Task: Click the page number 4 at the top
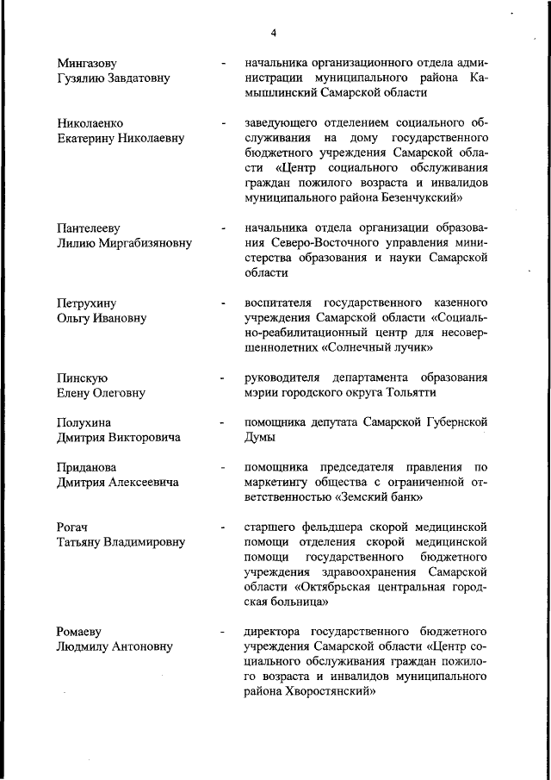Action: click(273, 33)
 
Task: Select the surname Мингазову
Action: click(87, 63)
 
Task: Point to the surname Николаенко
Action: click(90, 123)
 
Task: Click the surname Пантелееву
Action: click(88, 228)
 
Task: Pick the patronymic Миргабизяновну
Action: click(141, 243)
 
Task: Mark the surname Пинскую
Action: click(82, 378)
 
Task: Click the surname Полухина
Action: click(86, 423)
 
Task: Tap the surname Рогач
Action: click(74, 527)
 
